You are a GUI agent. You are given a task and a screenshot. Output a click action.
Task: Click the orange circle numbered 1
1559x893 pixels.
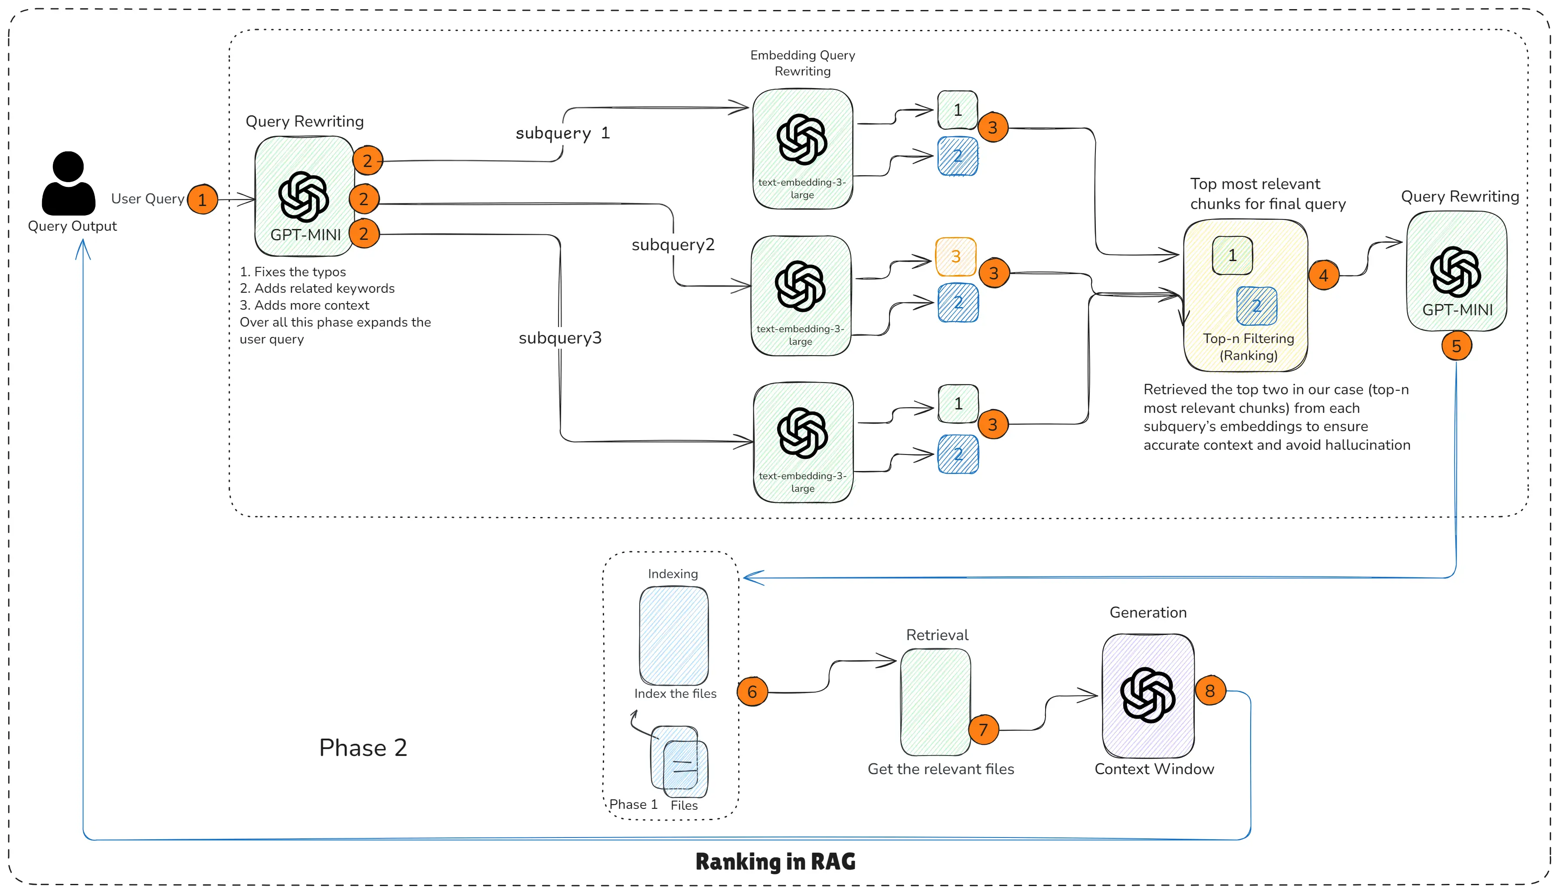(203, 200)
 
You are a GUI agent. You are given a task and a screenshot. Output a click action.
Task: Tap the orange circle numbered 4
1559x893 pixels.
(1324, 275)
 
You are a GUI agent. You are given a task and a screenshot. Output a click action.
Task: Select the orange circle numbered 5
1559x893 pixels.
(1457, 346)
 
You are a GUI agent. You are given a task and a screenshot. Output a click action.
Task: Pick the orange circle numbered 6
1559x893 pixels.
(752, 692)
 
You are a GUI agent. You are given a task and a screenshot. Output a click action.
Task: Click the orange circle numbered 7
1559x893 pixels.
(984, 729)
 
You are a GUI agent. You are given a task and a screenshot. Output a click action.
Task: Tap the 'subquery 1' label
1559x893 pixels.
(562, 133)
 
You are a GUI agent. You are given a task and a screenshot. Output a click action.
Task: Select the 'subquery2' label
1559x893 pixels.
(673, 245)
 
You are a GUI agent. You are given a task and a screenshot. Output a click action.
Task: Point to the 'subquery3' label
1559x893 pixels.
(560, 338)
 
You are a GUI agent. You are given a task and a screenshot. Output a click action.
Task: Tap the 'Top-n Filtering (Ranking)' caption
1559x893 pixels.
(1248, 347)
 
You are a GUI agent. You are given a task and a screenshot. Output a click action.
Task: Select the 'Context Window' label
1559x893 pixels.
(1154, 769)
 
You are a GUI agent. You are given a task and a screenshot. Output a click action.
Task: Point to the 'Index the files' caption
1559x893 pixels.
(675, 693)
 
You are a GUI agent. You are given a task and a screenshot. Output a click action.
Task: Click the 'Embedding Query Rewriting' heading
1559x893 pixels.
(803, 63)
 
